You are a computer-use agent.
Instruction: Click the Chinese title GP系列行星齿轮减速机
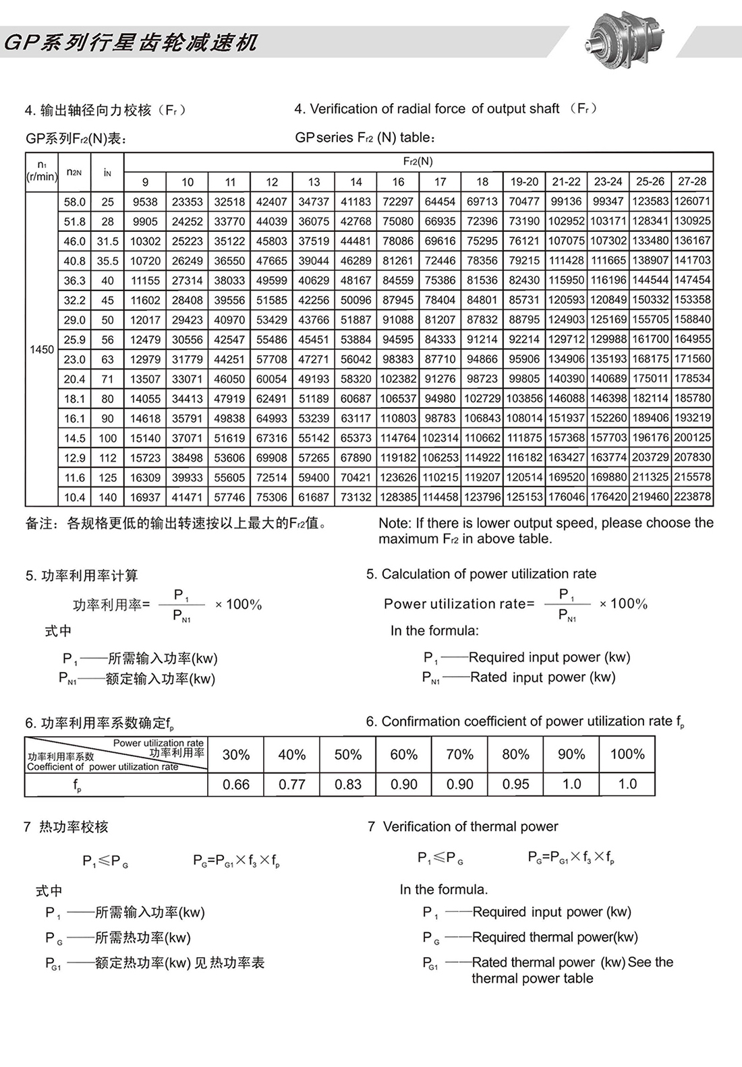coord(131,43)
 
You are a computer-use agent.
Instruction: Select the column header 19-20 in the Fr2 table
coord(524,182)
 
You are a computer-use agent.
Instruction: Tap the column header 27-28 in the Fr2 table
coord(692,181)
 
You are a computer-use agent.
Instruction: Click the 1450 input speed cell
coord(42,349)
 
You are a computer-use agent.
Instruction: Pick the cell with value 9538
coord(145,202)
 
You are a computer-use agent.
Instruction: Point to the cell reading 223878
coord(692,497)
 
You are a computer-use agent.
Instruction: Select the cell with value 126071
coord(692,201)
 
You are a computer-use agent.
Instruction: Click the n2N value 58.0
coord(75,202)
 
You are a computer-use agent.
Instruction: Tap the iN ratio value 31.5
coord(107,241)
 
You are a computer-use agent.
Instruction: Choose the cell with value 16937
coord(145,497)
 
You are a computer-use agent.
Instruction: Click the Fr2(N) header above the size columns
coord(418,162)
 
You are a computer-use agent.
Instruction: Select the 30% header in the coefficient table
coord(236,755)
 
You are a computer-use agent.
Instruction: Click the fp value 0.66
coord(236,785)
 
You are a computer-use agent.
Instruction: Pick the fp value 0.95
coord(515,784)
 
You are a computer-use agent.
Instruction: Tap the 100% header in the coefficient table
coord(627,754)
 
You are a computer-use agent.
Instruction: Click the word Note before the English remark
coord(393,523)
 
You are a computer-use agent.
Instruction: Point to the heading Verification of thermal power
coord(470,826)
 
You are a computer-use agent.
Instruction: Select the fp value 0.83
coord(348,785)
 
